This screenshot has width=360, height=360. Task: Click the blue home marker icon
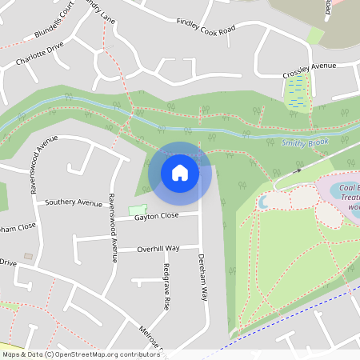pyautogui.click(x=180, y=172)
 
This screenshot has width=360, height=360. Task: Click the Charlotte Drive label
pyautogui.click(x=38, y=55)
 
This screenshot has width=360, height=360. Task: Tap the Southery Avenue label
pyautogui.click(x=74, y=202)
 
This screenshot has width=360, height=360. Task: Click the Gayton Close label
pyautogui.click(x=157, y=217)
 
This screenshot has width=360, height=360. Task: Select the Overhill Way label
pyautogui.click(x=158, y=249)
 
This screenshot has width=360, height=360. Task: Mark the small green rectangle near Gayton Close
pyautogui.click(x=135, y=210)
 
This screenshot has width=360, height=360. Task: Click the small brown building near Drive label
pyautogui.click(x=29, y=257)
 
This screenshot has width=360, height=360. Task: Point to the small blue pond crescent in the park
pyautogui.click(x=262, y=203)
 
